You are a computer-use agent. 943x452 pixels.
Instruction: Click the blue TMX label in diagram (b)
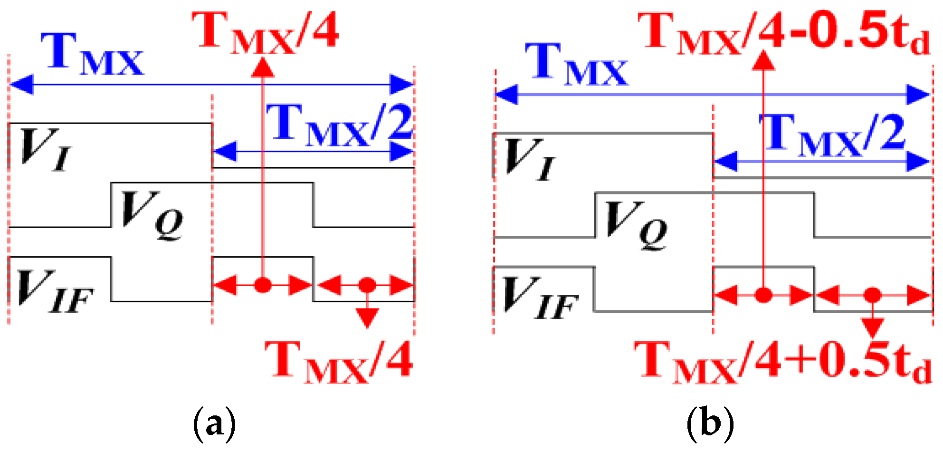[x=577, y=65]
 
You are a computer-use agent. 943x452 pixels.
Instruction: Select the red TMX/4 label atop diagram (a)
[x=266, y=32]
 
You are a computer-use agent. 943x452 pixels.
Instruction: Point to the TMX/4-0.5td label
[x=784, y=32]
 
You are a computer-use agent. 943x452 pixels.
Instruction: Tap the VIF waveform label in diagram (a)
[x=55, y=290]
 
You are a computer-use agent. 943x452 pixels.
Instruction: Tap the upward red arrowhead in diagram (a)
[x=263, y=67]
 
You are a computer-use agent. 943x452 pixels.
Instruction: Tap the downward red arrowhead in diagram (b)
[x=872, y=328]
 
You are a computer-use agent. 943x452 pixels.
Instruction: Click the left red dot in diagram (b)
[x=763, y=295]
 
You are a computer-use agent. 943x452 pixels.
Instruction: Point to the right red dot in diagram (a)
[x=367, y=285]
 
